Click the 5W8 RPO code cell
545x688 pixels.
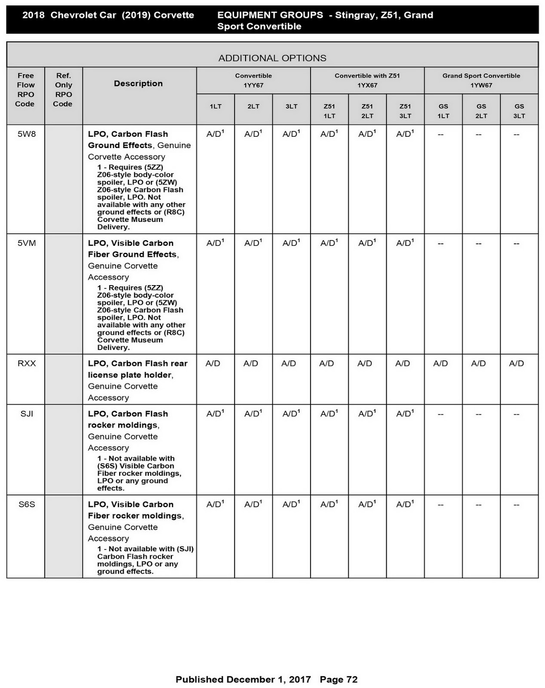(x=27, y=134)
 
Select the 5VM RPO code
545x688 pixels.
(x=27, y=243)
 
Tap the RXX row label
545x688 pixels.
(x=27, y=364)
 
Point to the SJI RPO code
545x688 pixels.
(x=27, y=414)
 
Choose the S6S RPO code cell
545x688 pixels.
(x=27, y=504)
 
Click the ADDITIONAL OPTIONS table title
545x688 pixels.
(x=272, y=58)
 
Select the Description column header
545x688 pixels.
(x=138, y=83)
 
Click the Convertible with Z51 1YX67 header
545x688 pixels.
(x=367, y=80)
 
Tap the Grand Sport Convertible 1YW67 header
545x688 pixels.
(x=481, y=80)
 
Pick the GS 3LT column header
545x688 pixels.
(x=519, y=111)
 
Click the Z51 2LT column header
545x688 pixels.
(x=367, y=111)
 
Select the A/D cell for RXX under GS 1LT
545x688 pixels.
(x=440, y=364)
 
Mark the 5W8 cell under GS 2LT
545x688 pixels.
(x=478, y=135)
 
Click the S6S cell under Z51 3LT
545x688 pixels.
(x=405, y=504)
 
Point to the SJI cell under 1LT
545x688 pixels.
(x=215, y=414)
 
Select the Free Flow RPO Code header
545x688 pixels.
(x=25, y=89)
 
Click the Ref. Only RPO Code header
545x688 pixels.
(x=63, y=89)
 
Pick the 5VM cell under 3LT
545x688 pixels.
(x=291, y=243)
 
